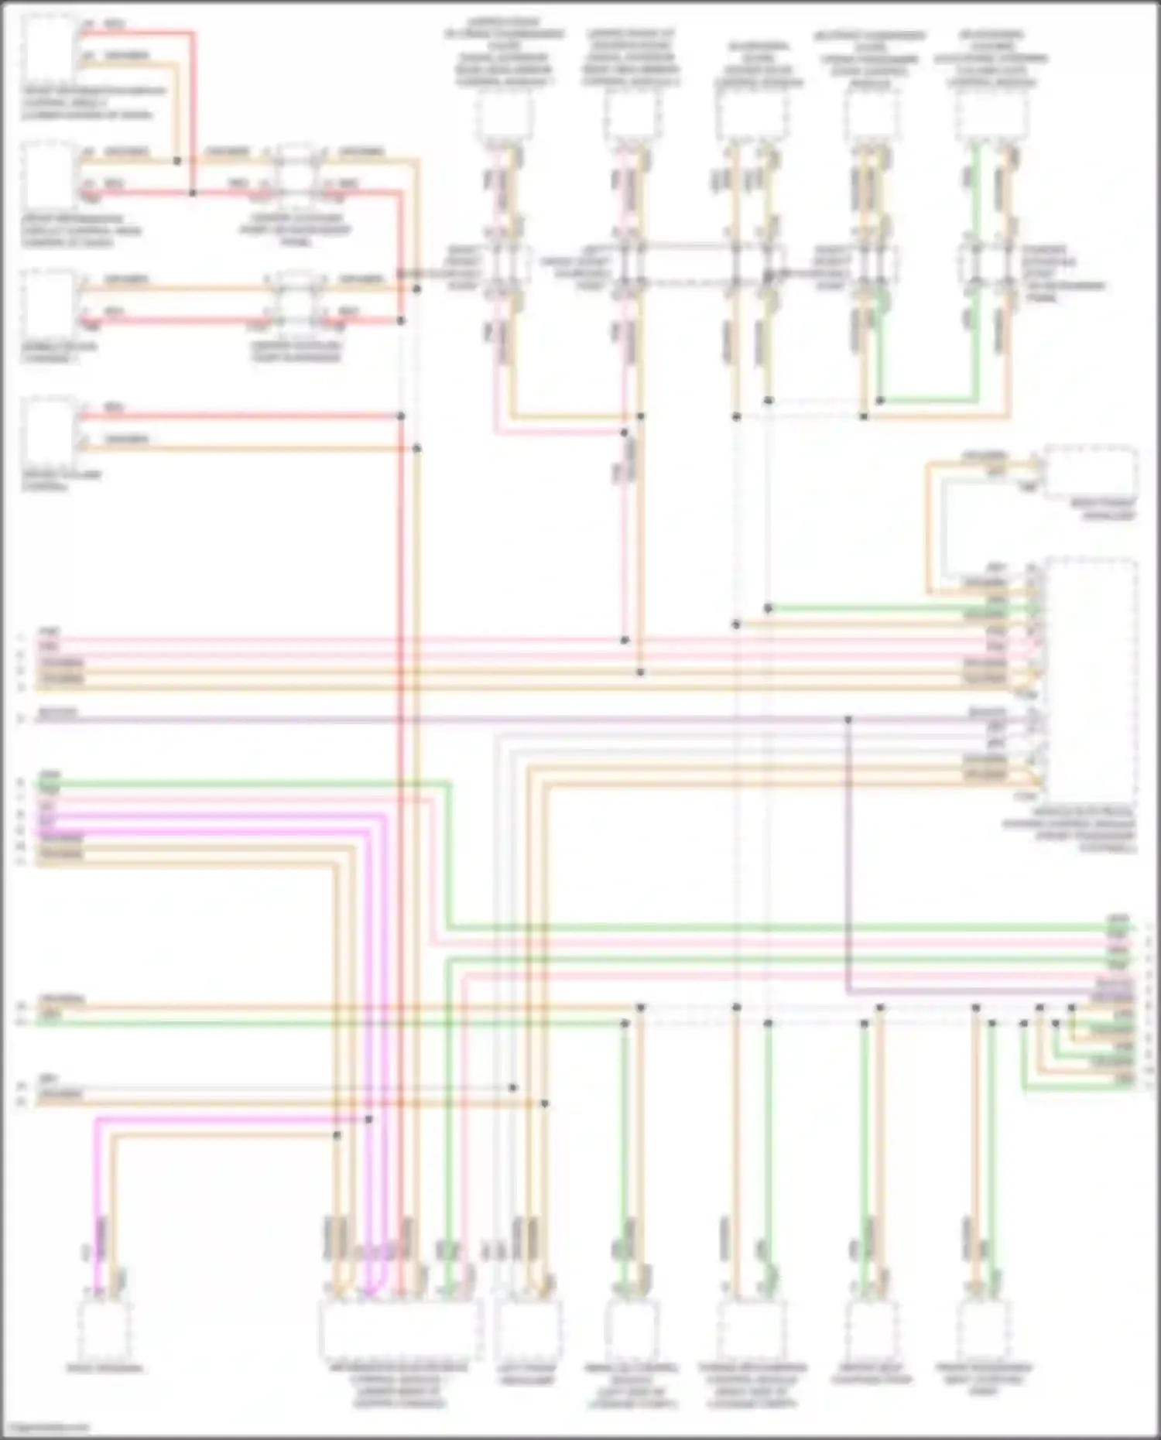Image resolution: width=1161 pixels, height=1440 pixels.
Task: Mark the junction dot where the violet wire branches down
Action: [848, 720]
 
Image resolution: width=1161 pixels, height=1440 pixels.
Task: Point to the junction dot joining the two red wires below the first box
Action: [193, 193]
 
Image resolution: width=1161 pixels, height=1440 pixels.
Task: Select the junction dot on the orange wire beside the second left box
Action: [177, 161]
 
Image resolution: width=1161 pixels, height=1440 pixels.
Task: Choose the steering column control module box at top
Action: [991, 116]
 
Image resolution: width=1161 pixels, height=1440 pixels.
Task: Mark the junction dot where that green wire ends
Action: [880, 401]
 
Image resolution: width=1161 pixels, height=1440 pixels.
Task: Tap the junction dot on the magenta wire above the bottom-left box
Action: [368, 1120]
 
